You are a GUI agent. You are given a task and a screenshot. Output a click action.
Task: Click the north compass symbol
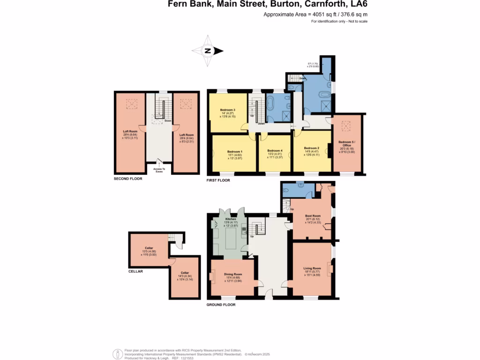[x=207, y=51]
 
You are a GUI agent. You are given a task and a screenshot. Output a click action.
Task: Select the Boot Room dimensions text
[x=313, y=222]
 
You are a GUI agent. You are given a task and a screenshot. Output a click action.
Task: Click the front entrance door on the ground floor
[x=268, y=294]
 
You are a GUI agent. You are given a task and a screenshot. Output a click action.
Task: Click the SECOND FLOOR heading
[x=128, y=179]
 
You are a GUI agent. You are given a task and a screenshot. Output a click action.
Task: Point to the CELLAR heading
[x=135, y=271]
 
